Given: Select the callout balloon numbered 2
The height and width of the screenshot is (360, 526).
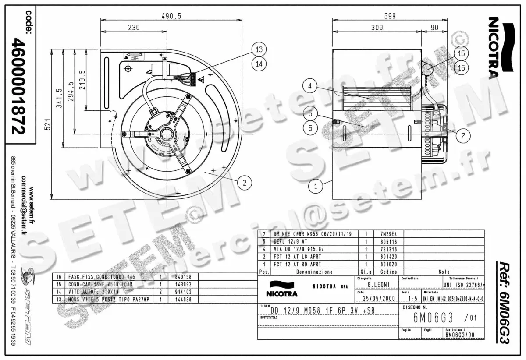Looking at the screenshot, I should [245, 182].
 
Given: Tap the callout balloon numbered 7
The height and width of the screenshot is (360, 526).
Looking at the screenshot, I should [463, 135].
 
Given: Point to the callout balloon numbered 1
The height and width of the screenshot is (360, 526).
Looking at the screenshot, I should [315, 186].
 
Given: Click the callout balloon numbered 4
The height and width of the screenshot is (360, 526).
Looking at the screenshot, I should [309, 86].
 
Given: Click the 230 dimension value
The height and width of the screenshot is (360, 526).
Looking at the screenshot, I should [134, 27].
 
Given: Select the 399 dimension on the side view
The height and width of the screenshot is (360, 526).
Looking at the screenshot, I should [389, 16].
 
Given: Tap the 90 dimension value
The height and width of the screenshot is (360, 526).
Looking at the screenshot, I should [434, 27].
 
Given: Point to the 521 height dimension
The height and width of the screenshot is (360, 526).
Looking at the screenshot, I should [49, 125].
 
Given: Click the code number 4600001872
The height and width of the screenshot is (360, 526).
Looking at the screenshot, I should [18, 86].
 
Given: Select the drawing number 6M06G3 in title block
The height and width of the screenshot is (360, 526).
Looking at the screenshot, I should [426, 318].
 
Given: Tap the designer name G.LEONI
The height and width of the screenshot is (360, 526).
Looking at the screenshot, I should [377, 285].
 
